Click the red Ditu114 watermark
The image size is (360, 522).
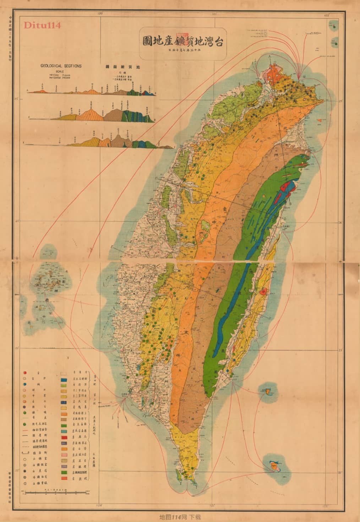(x=42, y=25)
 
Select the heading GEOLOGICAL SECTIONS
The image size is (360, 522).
(x=61, y=66)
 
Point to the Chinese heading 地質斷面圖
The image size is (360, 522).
(x=116, y=66)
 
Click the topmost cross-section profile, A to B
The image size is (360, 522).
(x=92, y=91)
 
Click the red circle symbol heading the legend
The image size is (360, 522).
(x=24, y=373)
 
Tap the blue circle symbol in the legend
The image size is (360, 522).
(x=24, y=384)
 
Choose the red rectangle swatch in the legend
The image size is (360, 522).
(x=64, y=437)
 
